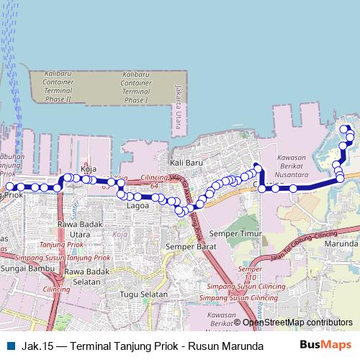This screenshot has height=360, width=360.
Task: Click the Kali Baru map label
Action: pyautogui.click(x=184, y=163)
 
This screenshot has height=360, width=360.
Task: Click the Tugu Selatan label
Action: pyautogui.click(x=143, y=294)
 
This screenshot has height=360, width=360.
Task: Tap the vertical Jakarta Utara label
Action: pyautogui.click(x=178, y=105)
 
